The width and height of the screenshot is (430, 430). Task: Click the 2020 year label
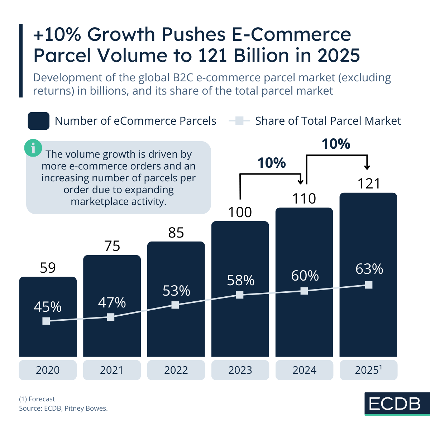(x=48, y=370)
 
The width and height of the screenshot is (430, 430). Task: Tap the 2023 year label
(x=240, y=370)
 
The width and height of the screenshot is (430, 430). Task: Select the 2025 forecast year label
(x=368, y=370)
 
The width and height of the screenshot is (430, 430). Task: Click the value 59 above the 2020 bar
(x=48, y=268)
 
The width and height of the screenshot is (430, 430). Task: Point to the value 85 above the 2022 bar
(x=176, y=233)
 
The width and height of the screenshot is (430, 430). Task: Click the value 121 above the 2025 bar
(x=369, y=184)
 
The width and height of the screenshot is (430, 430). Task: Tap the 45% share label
(x=48, y=307)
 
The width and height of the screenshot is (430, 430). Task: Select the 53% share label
(x=176, y=291)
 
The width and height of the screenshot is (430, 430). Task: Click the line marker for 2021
(x=111, y=317)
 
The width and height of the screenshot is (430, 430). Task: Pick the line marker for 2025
(x=368, y=285)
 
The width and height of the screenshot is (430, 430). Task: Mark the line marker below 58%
(x=240, y=295)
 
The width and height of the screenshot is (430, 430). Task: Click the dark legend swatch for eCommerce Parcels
(x=38, y=121)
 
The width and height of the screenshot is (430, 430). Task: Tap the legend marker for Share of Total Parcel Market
(x=239, y=121)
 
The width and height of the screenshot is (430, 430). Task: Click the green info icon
(x=33, y=148)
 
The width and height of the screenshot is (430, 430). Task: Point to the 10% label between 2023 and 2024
(x=272, y=163)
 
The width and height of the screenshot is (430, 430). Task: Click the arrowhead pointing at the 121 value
(x=367, y=167)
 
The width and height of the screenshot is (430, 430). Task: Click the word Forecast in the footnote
(x=42, y=399)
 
